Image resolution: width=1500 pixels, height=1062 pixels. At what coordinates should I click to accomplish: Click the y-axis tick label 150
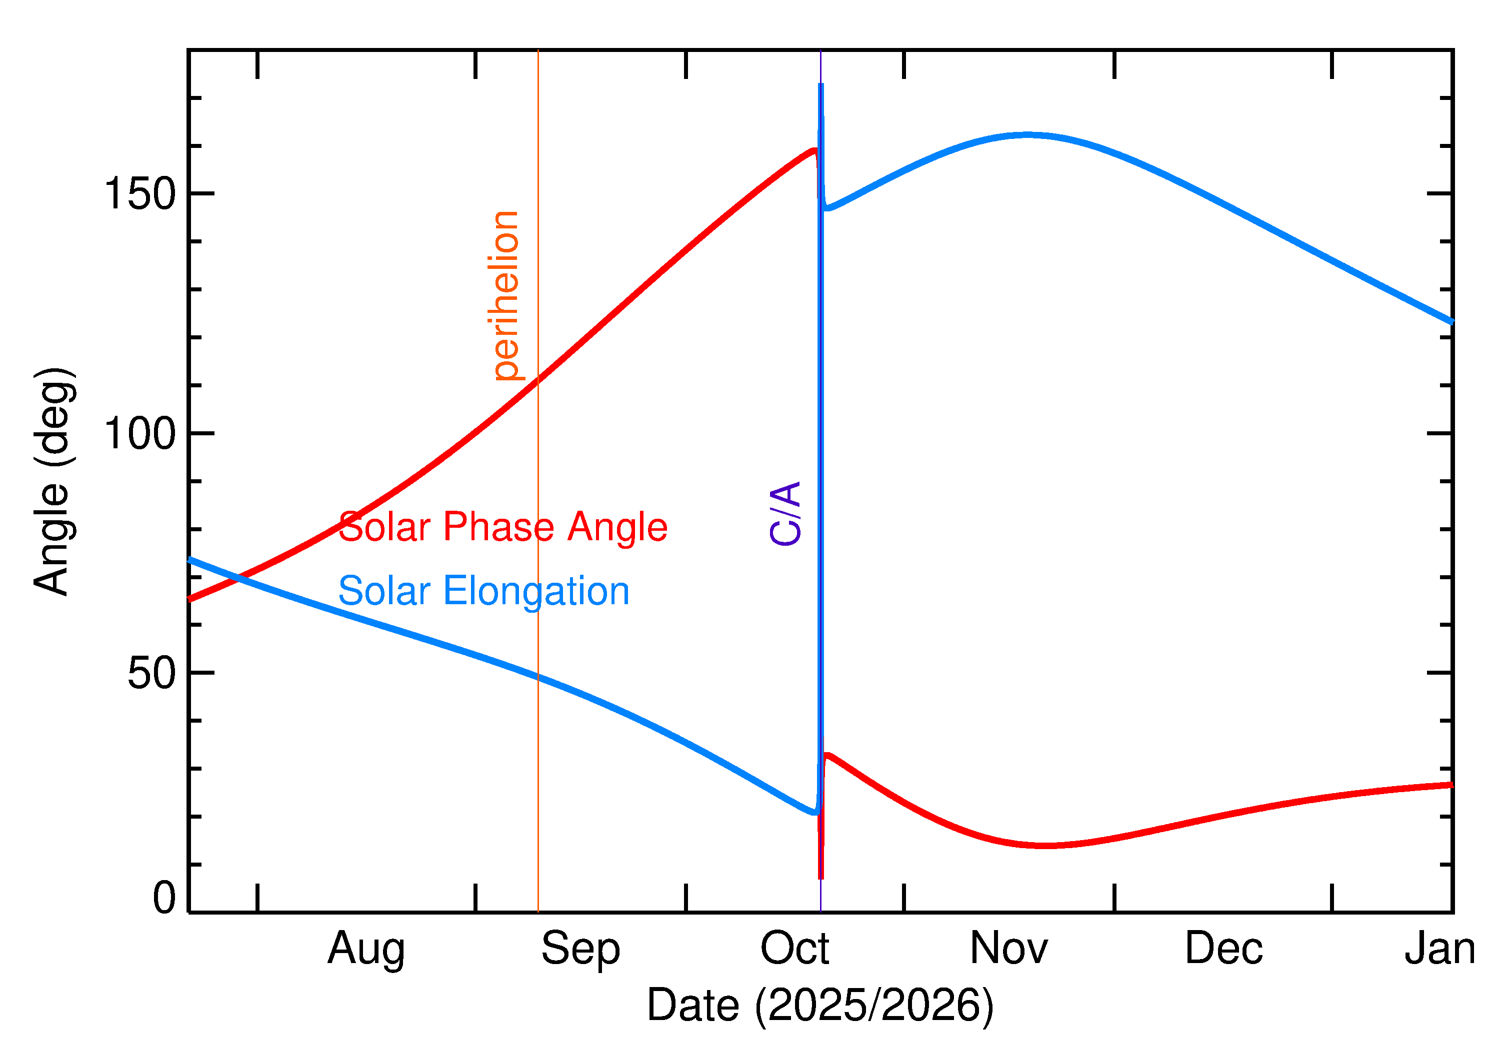140,194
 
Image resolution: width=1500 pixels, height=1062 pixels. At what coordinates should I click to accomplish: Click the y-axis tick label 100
140,434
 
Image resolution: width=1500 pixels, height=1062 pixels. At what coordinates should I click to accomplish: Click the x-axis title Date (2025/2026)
819,1005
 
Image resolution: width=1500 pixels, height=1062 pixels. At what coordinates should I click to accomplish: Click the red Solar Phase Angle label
502,527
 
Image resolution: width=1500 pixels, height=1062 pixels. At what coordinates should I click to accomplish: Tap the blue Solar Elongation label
483,591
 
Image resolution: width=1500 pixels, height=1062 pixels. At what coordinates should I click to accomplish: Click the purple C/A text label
785,513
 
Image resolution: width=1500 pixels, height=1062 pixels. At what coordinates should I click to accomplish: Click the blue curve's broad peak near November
1027,135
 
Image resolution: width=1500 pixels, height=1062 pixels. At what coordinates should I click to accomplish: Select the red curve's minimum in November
1046,846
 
